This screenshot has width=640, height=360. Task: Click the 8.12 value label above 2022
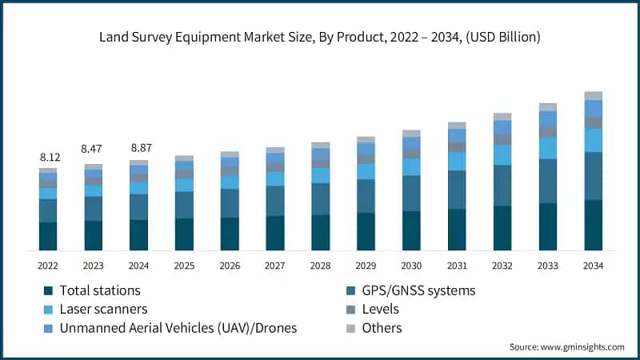click(x=49, y=158)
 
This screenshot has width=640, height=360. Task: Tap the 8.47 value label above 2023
click(x=94, y=149)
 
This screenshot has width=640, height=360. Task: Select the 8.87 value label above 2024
click(x=139, y=148)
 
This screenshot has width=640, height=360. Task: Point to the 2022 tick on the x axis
click(x=49, y=265)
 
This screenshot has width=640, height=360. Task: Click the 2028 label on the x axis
click(x=321, y=265)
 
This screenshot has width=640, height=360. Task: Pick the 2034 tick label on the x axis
click(x=593, y=265)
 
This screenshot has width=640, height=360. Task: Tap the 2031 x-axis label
click(x=457, y=265)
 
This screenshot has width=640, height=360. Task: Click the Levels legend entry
click(x=382, y=309)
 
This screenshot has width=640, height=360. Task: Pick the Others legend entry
click(x=382, y=328)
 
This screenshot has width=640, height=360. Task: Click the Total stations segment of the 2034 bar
click(x=593, y=225)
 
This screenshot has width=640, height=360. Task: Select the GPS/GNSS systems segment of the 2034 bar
click(x=593, y=176)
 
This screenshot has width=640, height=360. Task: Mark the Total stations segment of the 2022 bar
click(x=49, y=236)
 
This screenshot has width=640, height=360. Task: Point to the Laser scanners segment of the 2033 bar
click(x=548, y=148)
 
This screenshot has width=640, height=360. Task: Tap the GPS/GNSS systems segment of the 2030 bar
click(x=411, y=193)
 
